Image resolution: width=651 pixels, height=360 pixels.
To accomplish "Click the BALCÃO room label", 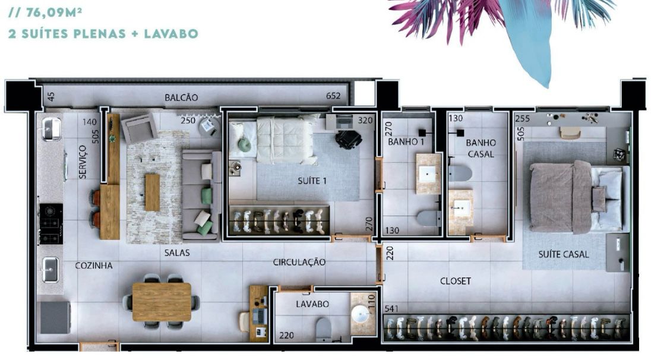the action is pos(181,97).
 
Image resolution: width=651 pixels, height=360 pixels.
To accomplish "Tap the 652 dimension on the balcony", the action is pos(333,96).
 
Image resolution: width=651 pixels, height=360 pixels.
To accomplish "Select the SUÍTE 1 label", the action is pos(312,181).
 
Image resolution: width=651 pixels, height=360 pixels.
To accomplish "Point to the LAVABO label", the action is pos(312,304).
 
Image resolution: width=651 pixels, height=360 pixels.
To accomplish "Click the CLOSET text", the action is pos(456,281).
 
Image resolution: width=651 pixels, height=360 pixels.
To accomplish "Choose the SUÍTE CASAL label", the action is pos(564,254).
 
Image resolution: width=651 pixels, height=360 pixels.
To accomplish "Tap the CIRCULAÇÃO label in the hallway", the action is pos(299,262).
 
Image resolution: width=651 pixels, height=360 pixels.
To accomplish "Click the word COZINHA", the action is pos(94,266).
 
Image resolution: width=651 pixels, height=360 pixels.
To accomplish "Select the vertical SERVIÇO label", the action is pos(83,162).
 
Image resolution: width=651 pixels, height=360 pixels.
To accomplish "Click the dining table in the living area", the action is pos(162,302).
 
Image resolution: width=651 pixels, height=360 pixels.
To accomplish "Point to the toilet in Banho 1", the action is pos(428,218).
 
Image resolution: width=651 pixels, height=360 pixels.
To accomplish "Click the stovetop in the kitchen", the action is pos(51,224).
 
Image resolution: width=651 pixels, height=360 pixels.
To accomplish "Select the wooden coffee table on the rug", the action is pos(153,192).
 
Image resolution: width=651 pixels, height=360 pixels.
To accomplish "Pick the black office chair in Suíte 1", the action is pos(348,140).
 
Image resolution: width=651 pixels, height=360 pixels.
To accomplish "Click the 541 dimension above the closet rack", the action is pos(391,308).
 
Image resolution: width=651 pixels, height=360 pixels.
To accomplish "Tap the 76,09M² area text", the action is pos(53,12).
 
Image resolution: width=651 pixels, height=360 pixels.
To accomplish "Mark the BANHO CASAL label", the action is pos(481,149).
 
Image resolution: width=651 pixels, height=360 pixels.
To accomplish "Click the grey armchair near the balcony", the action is pos(139,128).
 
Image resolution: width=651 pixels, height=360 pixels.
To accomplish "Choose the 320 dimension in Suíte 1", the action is pos(365,121).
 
